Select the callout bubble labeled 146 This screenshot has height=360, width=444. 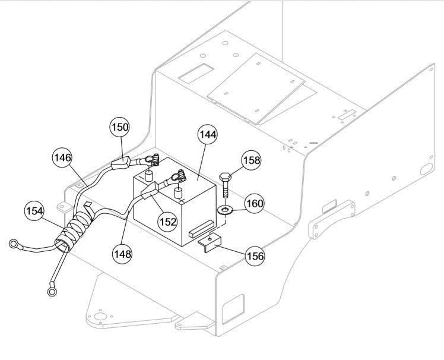[62, 158]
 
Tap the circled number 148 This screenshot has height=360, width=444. [123, 252]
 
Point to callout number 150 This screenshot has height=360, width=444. [120, 127]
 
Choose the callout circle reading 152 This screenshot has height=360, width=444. [167, 220]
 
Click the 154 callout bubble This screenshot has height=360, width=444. [34, 211]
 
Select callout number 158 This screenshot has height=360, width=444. [251, 160]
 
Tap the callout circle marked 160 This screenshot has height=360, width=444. [255, 204]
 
